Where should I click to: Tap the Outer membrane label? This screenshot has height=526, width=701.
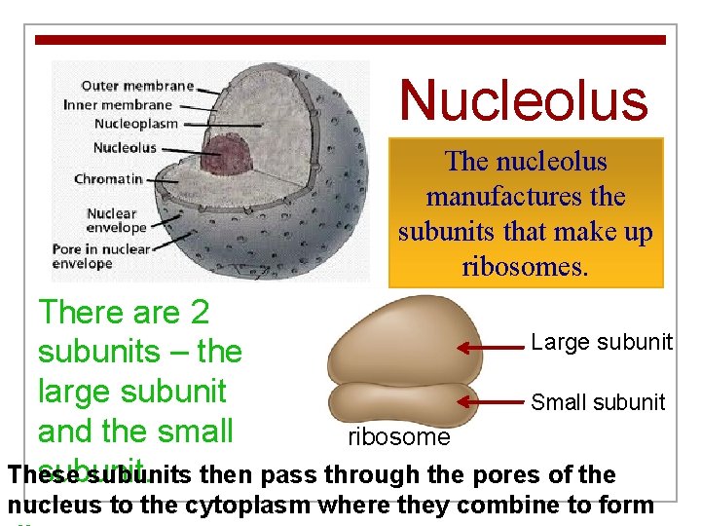pos(136,86)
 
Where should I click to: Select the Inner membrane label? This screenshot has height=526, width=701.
pos(118,104)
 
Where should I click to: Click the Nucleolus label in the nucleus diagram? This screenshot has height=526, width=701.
pos(125,148)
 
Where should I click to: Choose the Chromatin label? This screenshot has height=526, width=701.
pos(108,179)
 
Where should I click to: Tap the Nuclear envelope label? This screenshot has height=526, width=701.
pos(112,220)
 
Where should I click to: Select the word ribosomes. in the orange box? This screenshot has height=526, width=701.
pos(526,267)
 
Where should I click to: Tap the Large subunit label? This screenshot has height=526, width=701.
pos(601,342)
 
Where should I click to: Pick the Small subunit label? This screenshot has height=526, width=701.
pos(598,402)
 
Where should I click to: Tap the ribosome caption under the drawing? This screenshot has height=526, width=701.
pos(399,437)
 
